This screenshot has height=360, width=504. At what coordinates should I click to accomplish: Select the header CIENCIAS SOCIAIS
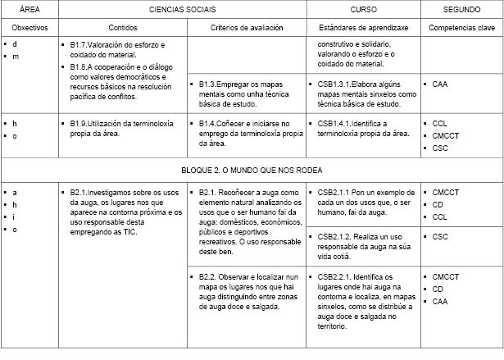coord(182,8)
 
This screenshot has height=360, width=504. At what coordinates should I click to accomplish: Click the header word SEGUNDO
coord(461,8)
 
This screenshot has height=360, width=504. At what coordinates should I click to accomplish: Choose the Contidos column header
coord(122,27)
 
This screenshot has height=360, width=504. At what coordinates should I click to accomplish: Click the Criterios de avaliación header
coord(246,27)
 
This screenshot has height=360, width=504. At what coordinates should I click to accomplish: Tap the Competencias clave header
coord(461,27)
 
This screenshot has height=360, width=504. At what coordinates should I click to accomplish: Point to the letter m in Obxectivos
coord(16,56)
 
